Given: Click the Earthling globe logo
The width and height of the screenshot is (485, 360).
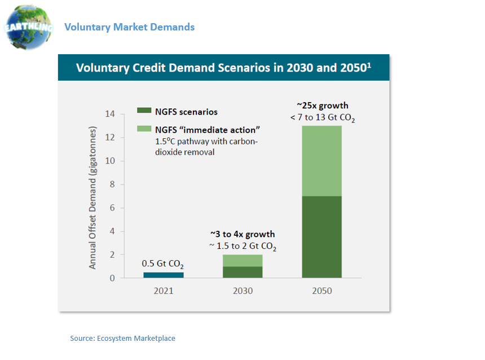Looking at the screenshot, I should point(28,27).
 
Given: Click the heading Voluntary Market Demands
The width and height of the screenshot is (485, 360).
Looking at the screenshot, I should point(129,27).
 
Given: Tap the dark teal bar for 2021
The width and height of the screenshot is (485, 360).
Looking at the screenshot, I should point(163,275).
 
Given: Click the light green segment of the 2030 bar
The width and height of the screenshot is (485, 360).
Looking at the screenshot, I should point(242,260).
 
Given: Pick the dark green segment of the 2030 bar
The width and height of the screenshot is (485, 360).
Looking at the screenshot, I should point(242,272).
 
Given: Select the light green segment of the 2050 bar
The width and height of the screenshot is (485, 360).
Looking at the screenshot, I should point(321,161).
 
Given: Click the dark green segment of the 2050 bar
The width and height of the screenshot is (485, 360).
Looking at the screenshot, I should point(321,237).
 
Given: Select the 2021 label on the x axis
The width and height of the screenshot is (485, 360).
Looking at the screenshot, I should point(163,291).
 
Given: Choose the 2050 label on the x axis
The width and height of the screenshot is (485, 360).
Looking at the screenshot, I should point(321,291).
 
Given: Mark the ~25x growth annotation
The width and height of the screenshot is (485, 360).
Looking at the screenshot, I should point(322,106).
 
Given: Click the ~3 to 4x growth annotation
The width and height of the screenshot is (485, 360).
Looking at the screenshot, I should point(242,234).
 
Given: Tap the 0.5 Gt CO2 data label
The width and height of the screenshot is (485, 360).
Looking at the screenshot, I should point(162,264).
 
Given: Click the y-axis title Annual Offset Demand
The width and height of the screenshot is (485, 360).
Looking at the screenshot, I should point(94,197).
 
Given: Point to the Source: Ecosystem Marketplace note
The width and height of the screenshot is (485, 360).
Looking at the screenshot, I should point(122,338).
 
